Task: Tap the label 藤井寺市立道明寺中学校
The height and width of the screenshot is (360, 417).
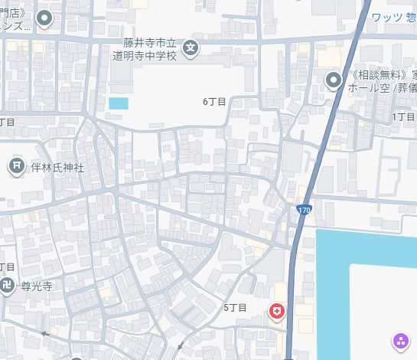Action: (x=151, y=50)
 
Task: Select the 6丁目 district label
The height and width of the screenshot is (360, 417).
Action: (x=215, y=101)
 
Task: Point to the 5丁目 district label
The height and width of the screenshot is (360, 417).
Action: (x=235, y=307)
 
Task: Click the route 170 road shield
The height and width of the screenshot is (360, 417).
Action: (x=304, y=209)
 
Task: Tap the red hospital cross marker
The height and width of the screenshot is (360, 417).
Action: (x=275, y=311)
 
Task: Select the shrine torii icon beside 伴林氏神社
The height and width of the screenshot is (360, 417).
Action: (x=17, y=166)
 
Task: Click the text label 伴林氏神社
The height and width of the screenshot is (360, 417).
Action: (x=57, y=166)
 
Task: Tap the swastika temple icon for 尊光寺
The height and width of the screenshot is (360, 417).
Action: (x=7, y=286)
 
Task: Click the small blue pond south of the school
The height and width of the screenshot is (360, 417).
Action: (x=119, y=103)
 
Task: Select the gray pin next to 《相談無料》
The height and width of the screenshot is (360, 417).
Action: (x=333, y=80)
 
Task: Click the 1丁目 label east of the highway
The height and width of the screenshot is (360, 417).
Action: (x=403, y=116)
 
